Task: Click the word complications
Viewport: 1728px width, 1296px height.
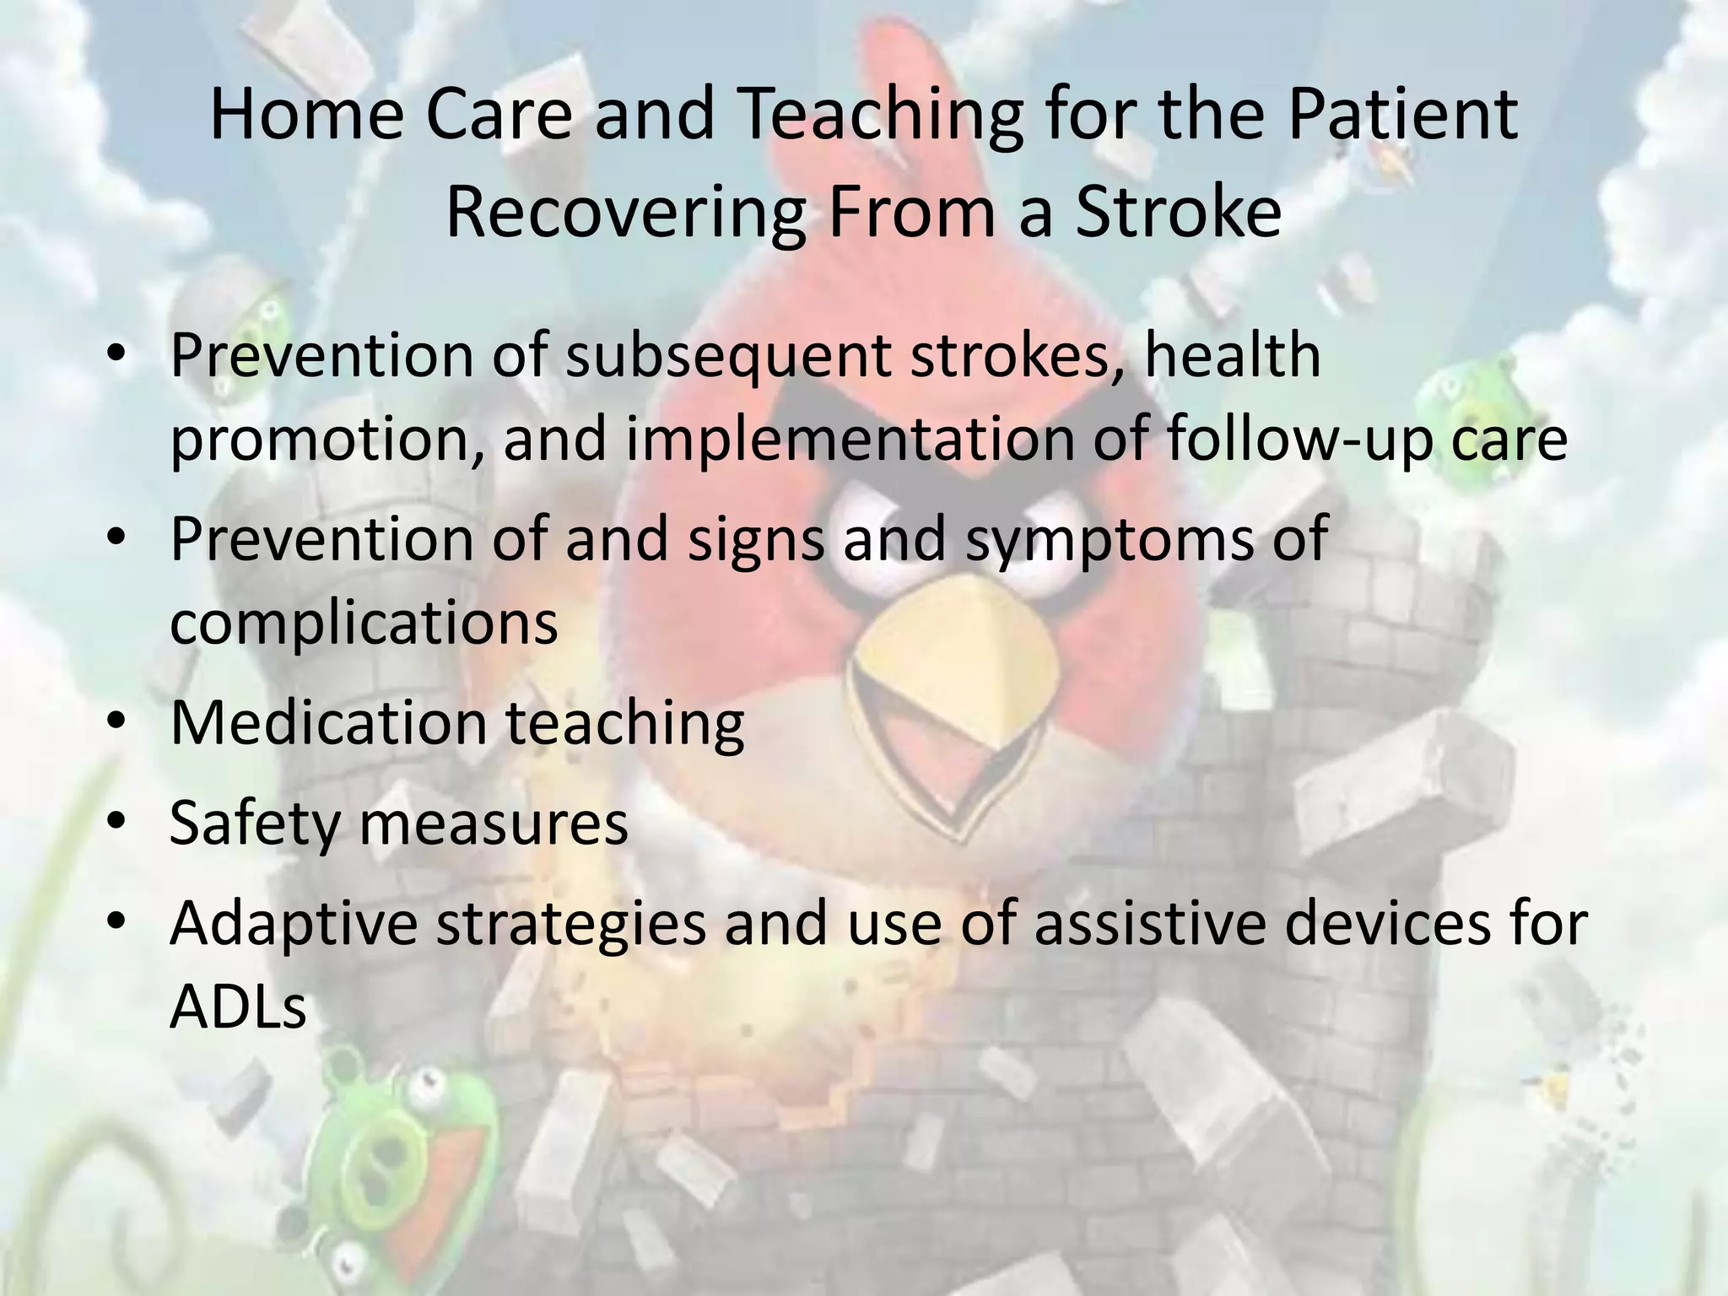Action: point(364,624)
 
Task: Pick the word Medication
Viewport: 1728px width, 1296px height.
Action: point(329,723)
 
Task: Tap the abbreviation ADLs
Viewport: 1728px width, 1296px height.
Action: point(237,1007)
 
